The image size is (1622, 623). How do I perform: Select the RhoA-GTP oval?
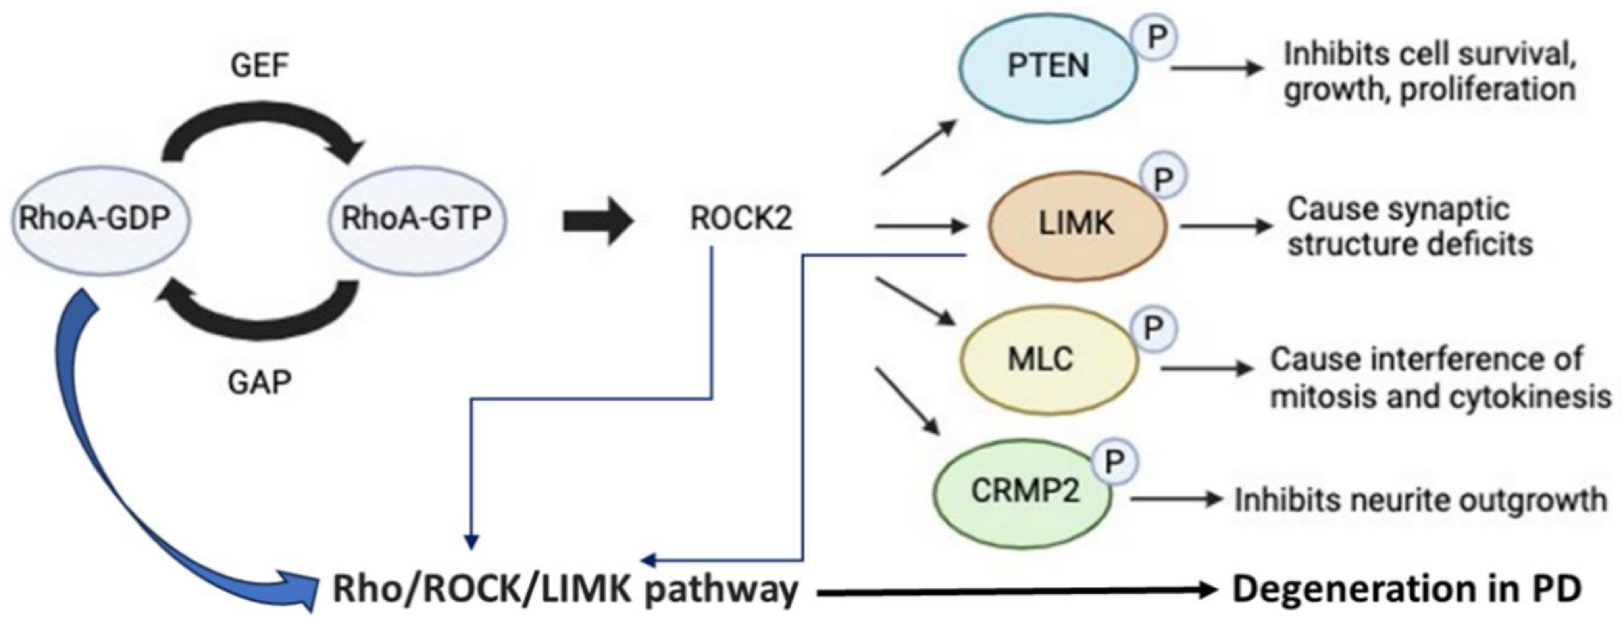pos(416,219)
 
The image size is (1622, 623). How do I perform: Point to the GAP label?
pos(260,382)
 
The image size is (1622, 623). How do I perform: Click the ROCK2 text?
pos(741,219)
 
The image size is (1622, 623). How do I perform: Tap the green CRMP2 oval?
pos(1023,491)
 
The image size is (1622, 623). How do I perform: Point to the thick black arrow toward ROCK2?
pos(597,222)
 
